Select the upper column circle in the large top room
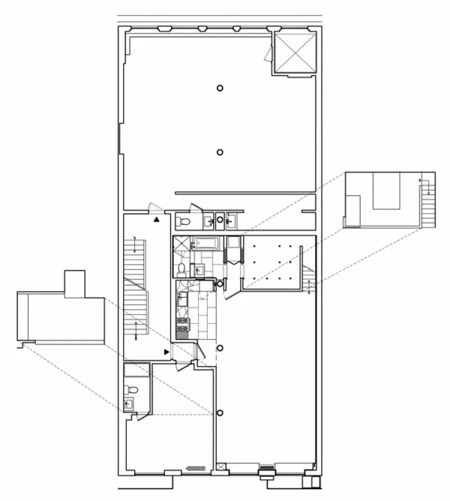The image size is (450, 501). [220, 88]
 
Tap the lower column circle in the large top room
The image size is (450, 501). [220, 152]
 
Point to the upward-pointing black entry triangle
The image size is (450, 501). [156, 220]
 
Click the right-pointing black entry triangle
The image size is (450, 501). [166, 351]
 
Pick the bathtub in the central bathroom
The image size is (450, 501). [204, 242]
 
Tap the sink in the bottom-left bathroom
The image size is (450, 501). [128, 403]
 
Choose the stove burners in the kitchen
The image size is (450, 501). [183, 325]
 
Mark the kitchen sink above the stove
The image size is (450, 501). [181, 298]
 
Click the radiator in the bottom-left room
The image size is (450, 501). [197, 467]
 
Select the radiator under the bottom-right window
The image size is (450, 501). [266, 469]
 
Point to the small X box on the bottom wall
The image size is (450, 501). [220, 467]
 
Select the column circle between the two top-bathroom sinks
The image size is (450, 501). [219, 220]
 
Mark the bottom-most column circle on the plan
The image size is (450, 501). [220, 412]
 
